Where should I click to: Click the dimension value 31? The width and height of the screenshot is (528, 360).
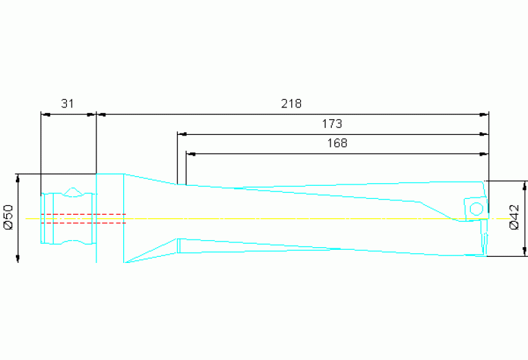coord(67,104)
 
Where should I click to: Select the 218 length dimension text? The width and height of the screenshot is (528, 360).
coord(291,104)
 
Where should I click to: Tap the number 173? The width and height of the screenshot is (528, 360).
coord(332,124)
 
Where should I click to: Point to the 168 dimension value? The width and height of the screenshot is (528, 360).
coord(337,143)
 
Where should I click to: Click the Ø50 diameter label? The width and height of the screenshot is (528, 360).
coord(8,217)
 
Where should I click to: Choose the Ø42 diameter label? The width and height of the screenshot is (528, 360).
coord(514,217)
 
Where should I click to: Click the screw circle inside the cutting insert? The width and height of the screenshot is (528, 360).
coord(476,209)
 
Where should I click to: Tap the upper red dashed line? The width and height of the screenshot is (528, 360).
coord(83,214)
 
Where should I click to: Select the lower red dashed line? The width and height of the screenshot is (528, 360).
coord(83,223)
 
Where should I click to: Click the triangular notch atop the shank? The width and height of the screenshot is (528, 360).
coord(73,191)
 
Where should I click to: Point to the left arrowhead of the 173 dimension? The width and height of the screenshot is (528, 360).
coord(182,134)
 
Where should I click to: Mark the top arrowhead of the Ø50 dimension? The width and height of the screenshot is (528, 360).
coord(18,178)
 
